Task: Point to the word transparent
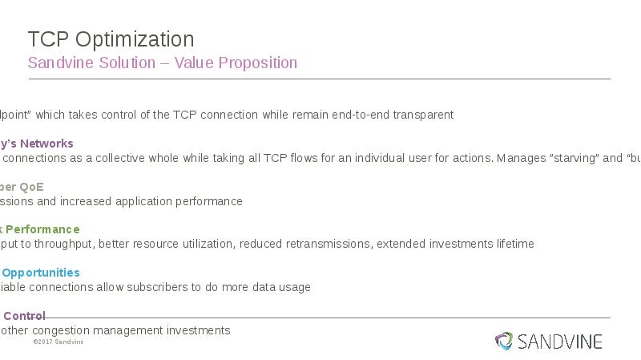tap(423, 115)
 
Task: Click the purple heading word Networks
tap(46, 144)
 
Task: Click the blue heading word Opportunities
tap(41, 273)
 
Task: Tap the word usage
tap(294, 287)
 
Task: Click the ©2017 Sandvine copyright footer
tap(58, 342)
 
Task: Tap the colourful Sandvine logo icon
tap(503, 342)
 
